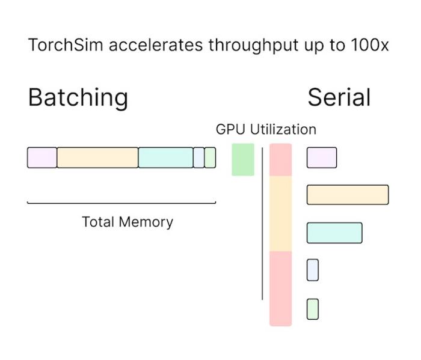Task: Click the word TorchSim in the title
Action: click(x=60, y=46)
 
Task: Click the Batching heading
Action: click(x=78, y=97)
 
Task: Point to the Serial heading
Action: click(x=339, y=97)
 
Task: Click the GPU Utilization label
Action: click(x=266, y=129)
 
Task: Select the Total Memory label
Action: click(x=127, y=222)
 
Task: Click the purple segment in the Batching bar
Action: click(x=42, y=157)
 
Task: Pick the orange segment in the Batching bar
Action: click(x=97, y=157)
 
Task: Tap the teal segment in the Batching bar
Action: click(x=165, y=157)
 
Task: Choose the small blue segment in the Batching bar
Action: click(x=198, y=157)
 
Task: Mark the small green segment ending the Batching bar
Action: click(x=210, y=157)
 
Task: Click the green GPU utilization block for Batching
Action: click(x=243, y=159)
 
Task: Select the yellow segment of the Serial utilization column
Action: click(x=280, y=213)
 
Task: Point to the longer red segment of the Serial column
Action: click(x=280, y=288)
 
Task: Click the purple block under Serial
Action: click(x=322, y=157)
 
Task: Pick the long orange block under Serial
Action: click(x=348, y=195)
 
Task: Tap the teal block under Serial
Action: click(x=334, y=233)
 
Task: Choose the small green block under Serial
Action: click(x=312, y=309)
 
